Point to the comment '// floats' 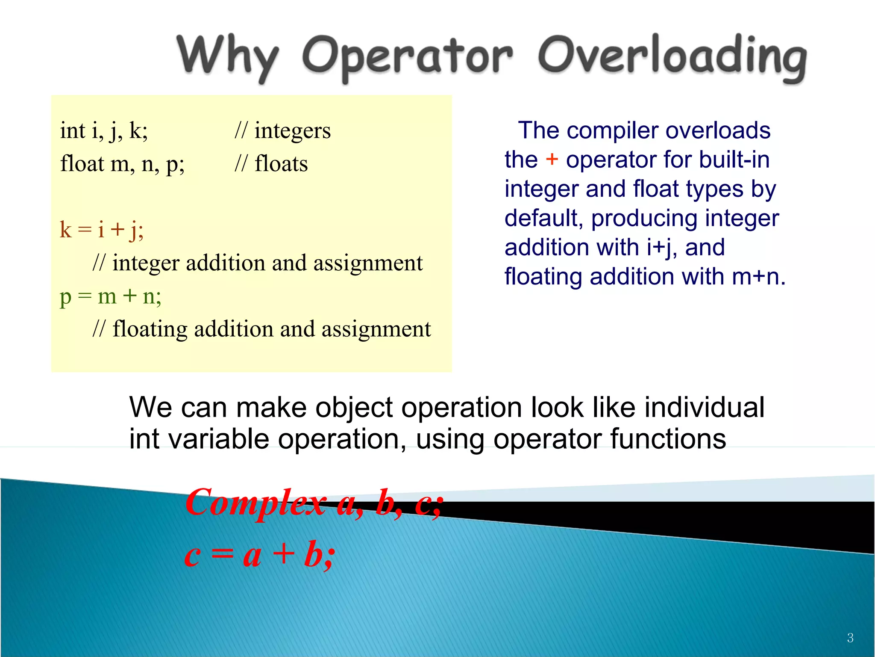pyautogui.click(x=271, y=164)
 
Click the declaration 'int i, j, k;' pyautogui.click(x=104, y=130)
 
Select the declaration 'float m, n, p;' pyautogui.click(x=122, y=164)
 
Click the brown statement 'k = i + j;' pyautogui.click(x=102, y=230)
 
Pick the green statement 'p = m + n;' pyautogui.click(x=111, y=296)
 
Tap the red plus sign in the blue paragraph pyautogui.click(x=552, y=160)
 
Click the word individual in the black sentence pyautogui.click(x=705, y=407)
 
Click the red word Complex pyautogui.click(x=255, y=503)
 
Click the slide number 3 pyautogui.click(x=850, y=638)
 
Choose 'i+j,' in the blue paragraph pyautogui.click(x=661, y=248)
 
